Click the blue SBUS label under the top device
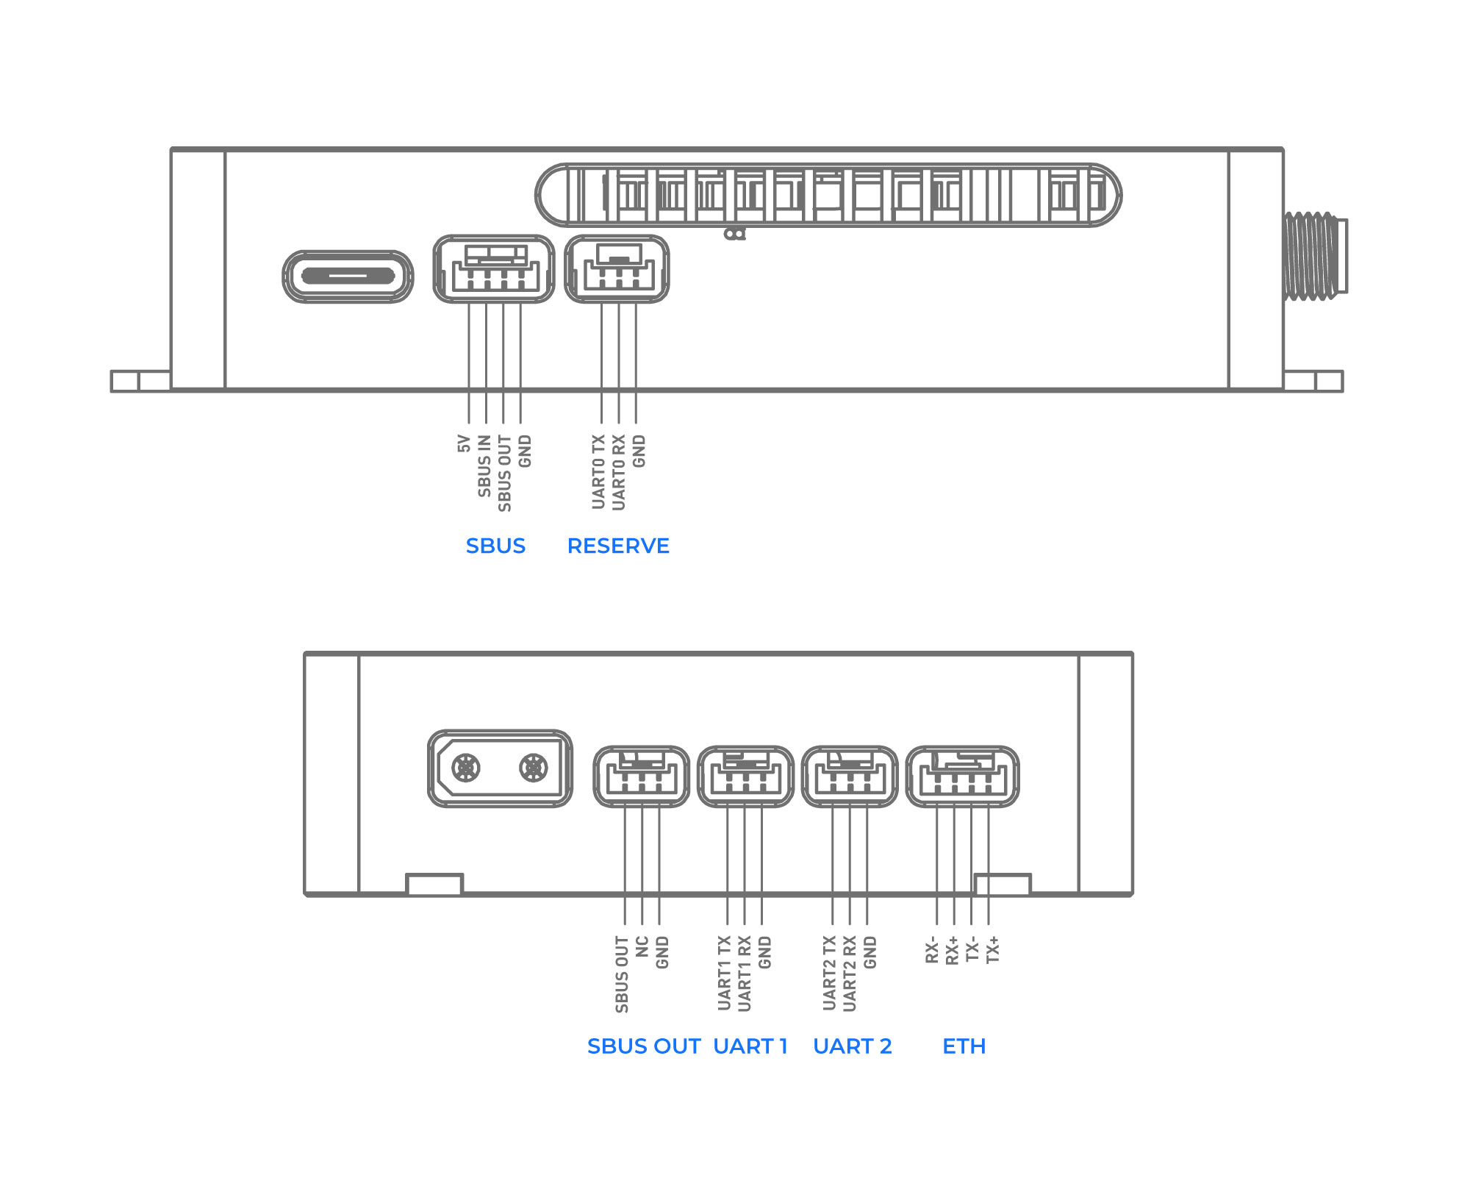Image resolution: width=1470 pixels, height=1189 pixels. (495, 546)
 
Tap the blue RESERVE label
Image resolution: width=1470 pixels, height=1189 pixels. (618, 546)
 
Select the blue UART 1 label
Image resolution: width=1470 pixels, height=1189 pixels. (750, 1046)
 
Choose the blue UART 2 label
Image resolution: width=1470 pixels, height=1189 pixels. (853, 1046)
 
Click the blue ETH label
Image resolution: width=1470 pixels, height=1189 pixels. (964, 1046)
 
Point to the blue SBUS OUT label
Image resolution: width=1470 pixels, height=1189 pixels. (644, 1046)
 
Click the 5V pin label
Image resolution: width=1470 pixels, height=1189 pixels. (464, 443)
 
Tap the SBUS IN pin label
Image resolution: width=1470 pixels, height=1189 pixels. (484, 465)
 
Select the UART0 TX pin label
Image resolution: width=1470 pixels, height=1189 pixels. (599, 472)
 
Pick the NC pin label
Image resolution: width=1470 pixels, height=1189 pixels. (642, 946)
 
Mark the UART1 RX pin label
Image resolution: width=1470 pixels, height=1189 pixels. (745, 973)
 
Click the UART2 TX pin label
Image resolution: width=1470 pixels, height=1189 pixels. (830, 973)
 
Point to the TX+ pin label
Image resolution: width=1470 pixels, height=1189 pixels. (993, 949)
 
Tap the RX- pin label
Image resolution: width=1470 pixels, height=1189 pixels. (932, 949)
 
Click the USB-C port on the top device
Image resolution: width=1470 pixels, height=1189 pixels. (348, 276)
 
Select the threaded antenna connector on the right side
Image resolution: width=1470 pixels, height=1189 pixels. (1316, 256)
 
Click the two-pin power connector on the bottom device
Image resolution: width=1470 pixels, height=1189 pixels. (500, 768)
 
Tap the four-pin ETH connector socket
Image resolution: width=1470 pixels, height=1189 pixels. (963, 776)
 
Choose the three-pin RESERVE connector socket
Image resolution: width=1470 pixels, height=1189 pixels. (617, 269)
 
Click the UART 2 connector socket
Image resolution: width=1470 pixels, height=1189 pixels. (850, 776)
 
